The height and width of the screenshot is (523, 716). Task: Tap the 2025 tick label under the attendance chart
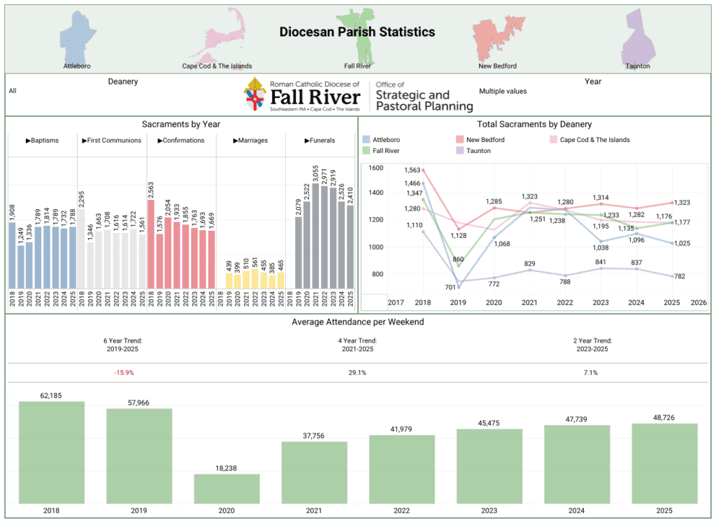[664, 512]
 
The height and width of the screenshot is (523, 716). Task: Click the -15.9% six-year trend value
[124, 373]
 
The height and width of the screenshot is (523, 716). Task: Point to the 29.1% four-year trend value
[357, 373]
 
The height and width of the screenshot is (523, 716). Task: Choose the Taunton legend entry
[478, 151]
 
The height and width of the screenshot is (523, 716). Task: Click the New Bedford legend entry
[485, 140]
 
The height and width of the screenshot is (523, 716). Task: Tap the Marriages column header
[250, 141]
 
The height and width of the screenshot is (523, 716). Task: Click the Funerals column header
[320, 141]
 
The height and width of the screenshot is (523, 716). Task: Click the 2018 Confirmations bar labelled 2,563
[151, 244]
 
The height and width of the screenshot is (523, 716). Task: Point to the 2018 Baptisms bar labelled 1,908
[12, 255]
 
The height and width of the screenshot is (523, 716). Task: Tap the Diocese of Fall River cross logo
[255, 94]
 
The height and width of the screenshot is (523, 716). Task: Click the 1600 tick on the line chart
[375, 168]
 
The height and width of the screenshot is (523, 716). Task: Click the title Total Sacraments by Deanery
[535, 124]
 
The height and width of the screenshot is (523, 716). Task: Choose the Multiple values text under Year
[503, 91]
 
